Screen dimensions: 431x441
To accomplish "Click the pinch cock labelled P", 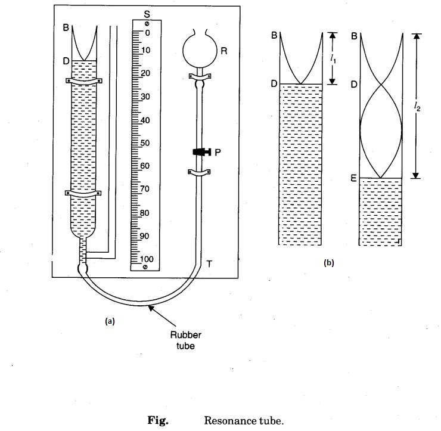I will (x=200, y=152).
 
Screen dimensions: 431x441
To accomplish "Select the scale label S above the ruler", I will (x=146, y=13).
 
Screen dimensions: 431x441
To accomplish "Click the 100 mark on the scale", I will (x=145, y=259).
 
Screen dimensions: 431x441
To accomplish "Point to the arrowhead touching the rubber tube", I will (x=150, y=306).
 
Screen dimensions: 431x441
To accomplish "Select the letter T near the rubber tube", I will (x=209, y=263).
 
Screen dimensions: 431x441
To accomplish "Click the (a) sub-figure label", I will (x=109, y=320).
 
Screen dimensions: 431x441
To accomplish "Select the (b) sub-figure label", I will (x=328, y=262).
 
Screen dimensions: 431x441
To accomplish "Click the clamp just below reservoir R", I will (x=199, y=76).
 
